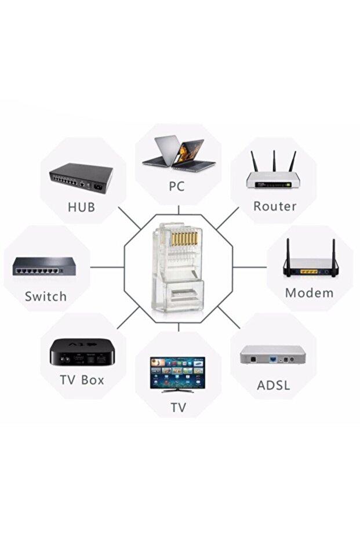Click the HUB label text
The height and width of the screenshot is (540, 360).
coord(81,207)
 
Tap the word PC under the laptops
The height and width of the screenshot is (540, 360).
coord(177,187)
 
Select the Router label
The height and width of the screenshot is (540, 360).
coord(275,206)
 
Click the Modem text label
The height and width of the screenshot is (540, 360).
coord(309,292)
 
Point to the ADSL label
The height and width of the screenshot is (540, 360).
coord(273,385)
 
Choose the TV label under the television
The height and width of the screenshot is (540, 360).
coord(178,408)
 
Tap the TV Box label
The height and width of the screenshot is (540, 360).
coord(82,380)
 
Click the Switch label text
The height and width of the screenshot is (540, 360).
coord(45,296)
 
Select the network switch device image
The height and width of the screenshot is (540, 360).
coord(45,267)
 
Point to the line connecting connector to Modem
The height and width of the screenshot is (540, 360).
coord(249,267)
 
